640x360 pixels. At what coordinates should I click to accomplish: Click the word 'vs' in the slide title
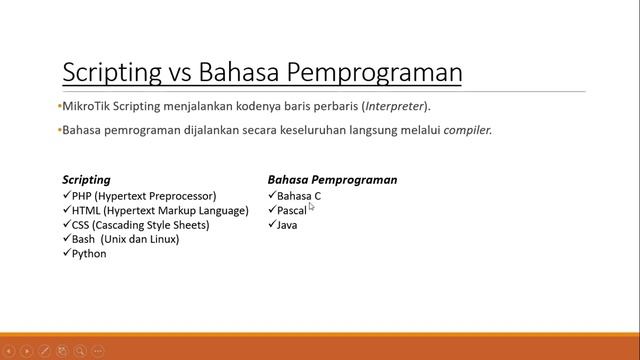click(x=179, y=73)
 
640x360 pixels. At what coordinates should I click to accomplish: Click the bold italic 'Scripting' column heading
click(x=86, y=180)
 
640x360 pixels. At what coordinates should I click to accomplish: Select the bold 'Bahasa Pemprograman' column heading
click(x=332, y=180)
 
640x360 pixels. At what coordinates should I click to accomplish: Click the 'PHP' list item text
click(x=82, y=196)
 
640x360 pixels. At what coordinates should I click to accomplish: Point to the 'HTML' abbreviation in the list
click(x=85, y=211)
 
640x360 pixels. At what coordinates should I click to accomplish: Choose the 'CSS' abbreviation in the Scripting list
click(x=82, y=225)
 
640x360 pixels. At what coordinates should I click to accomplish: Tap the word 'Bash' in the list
click(x=83, y=240)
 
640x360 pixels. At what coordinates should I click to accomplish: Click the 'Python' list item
click(x=89, y=254)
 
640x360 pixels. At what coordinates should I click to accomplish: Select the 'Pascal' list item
click(x=292, y=211)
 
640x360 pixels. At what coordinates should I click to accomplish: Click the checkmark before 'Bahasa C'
click(x=272, y=196)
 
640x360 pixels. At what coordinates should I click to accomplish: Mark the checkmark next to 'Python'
click(x=66, y=254)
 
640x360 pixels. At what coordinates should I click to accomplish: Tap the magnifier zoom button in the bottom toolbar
click(x=81, y=351)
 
